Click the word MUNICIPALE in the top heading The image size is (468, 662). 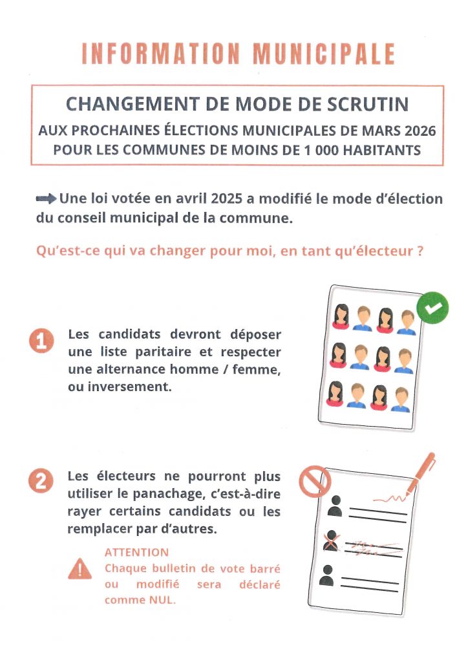click(323, 54)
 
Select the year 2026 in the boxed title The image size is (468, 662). click(418, 131)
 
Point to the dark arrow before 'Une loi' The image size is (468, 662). click(47, 199)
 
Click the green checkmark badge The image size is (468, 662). click(432, 308)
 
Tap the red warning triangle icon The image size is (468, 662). click(80, 568)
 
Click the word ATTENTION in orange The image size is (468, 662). click(136, 553)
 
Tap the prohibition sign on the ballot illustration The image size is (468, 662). click(315, 482)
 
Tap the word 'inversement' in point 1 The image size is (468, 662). click(123, 386)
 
